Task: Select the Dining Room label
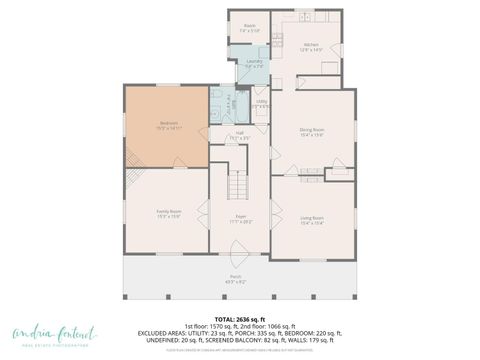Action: [x=312, y=129]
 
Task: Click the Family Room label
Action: [x=168, y=213]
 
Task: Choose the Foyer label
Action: [x=240, y=217]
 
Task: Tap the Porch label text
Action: [x=236, y=277]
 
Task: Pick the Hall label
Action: [x=240, y=133]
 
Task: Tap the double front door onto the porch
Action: [x=240, y=259]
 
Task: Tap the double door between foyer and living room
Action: [x=272, y=213]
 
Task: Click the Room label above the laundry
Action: [x=249, y=27]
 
